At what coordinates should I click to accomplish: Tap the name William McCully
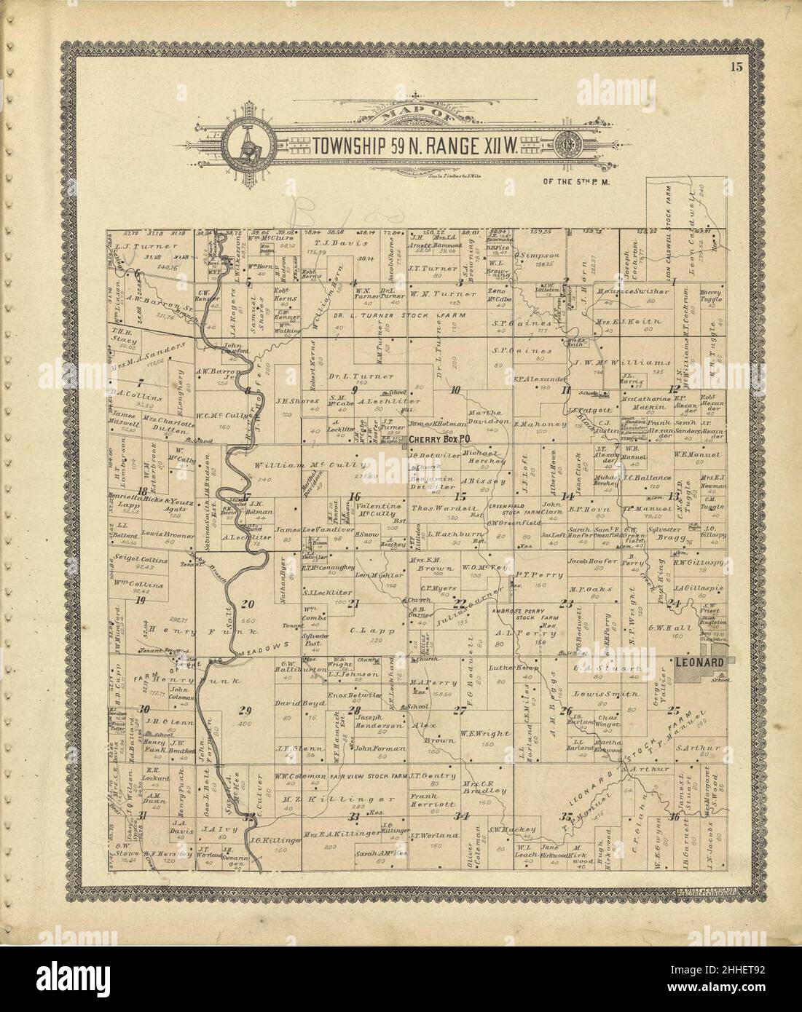coord(287,465)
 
